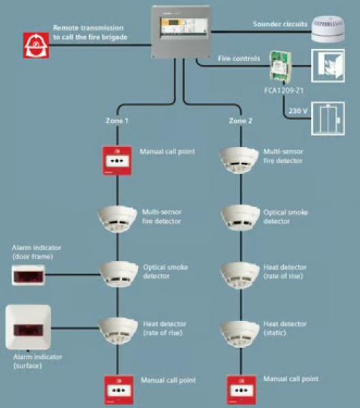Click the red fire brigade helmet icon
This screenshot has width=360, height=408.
36,46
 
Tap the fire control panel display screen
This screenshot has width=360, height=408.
184,27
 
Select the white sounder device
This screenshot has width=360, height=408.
328,29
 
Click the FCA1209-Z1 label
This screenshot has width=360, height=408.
284,90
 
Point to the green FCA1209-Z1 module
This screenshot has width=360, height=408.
280,65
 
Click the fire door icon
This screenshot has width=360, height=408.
328,65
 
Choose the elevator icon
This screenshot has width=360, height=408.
328,118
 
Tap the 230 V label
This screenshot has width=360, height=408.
298,111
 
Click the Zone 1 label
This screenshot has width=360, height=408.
116,121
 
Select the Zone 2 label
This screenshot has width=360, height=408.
240,121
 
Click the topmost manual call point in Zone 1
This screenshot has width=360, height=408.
117,160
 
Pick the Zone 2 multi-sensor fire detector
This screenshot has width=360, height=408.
239,160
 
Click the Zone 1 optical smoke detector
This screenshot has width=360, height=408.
119,274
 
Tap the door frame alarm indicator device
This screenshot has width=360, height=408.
28,275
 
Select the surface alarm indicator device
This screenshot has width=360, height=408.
28,327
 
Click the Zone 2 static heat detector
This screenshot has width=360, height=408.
240,334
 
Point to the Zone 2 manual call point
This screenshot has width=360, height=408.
242,390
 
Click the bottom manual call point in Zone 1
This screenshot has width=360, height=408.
119,390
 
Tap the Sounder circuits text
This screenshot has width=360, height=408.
280,24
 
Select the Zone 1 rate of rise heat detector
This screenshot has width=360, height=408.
118,330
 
